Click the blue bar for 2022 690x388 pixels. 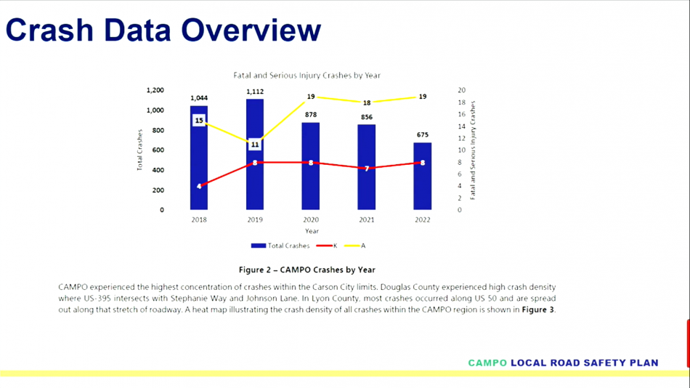point(423,176)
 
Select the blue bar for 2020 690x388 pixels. point(311,166)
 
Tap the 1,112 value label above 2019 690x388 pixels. point(255,92)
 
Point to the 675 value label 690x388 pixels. point(423,134)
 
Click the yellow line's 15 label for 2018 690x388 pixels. point(199,120)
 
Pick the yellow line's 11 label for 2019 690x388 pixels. point(255,145)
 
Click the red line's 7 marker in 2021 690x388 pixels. point(367,169)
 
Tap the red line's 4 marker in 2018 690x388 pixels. point(199,186)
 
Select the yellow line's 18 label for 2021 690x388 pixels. point(367,102)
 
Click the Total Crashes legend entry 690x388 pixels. point(280,246)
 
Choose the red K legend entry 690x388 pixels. point(327,246)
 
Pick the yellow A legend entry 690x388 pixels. point(354,246)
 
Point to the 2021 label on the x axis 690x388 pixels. point(367,219)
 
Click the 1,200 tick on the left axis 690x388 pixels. point(155,90)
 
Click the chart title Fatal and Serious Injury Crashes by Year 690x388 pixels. point(307,76)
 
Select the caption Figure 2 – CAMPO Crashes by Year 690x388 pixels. point(307,270)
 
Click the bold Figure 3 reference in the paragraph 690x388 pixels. point(537,310)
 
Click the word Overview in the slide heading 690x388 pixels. point(251,30)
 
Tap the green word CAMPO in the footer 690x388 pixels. point(487,363)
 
